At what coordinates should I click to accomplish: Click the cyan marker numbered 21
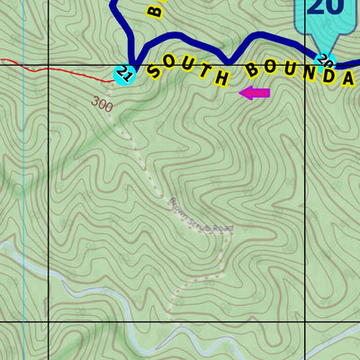pyautogui.click(x=124, y=75)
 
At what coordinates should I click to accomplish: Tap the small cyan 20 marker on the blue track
pyautogui.click(x=325, y=63)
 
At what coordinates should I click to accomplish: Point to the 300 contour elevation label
pyautogui.click(x=103, y=105)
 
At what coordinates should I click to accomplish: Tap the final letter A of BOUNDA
pyautogui.click(x=349, y=77)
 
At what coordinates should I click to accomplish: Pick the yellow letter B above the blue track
pyautogui.click(x=155, y=9)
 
